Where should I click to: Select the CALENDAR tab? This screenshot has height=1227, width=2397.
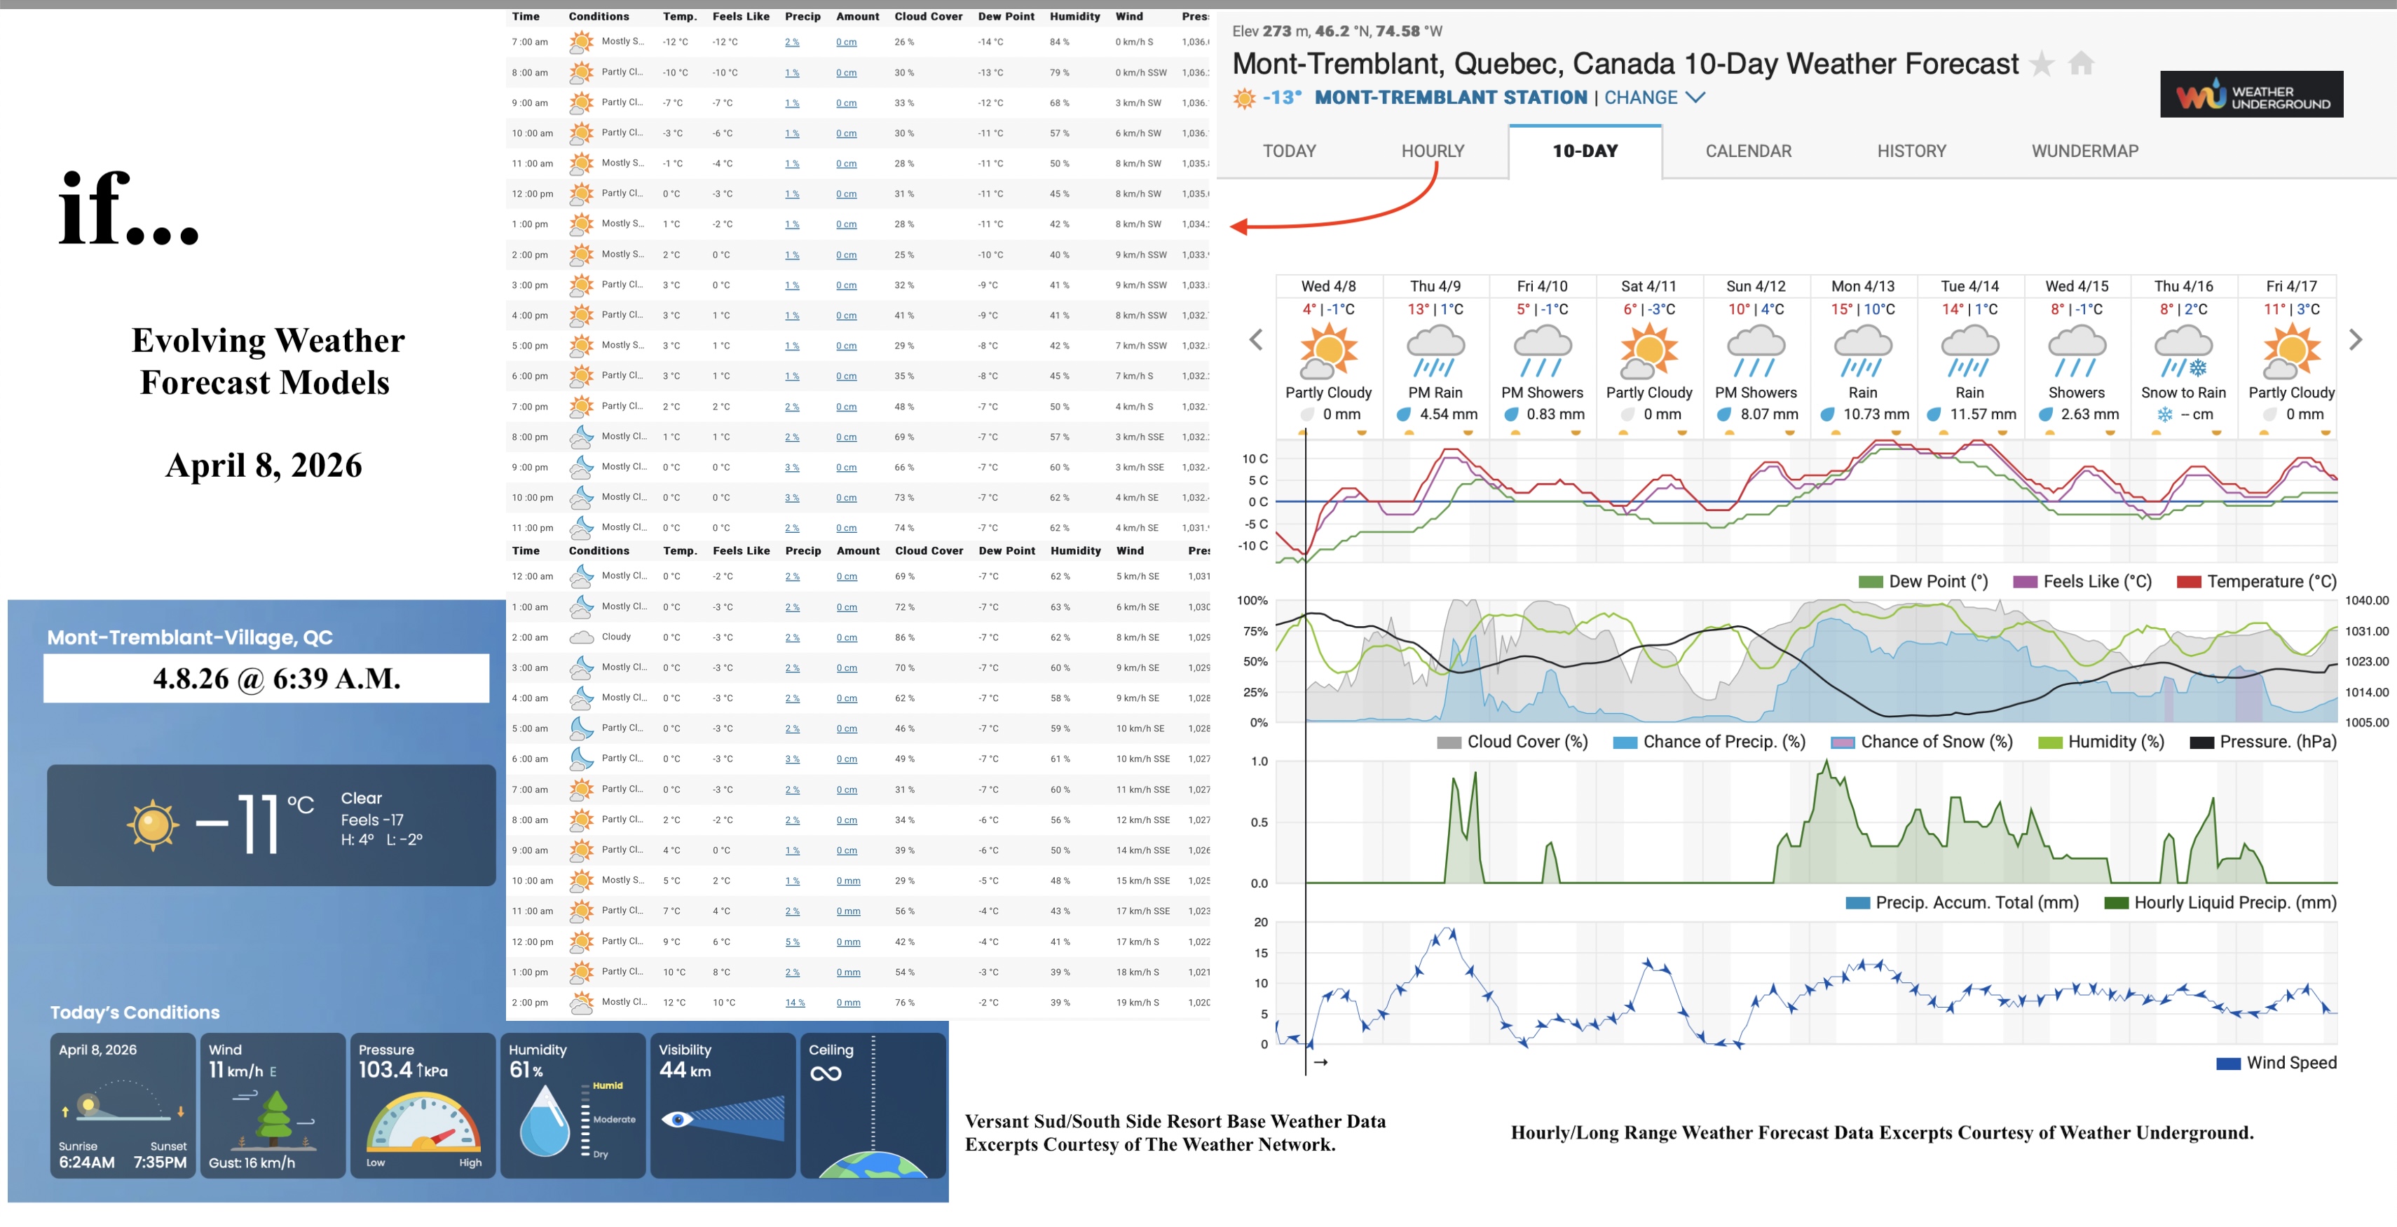tap(1747, 151)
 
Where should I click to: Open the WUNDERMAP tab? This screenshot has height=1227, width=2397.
tap(2084, 151)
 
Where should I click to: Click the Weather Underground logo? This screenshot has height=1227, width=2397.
tap(2251, 95)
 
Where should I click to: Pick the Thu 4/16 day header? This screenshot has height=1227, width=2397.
tap(2183, 286)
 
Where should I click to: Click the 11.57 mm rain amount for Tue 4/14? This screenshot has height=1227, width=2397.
tap(1982, 414)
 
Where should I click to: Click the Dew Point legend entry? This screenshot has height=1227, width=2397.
tap(1923, 582)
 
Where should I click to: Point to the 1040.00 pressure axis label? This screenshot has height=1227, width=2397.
tap(2366, 600)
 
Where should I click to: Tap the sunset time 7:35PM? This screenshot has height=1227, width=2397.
tap(160, 1162)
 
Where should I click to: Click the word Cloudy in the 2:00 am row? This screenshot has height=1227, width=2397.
tap(616, 637)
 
